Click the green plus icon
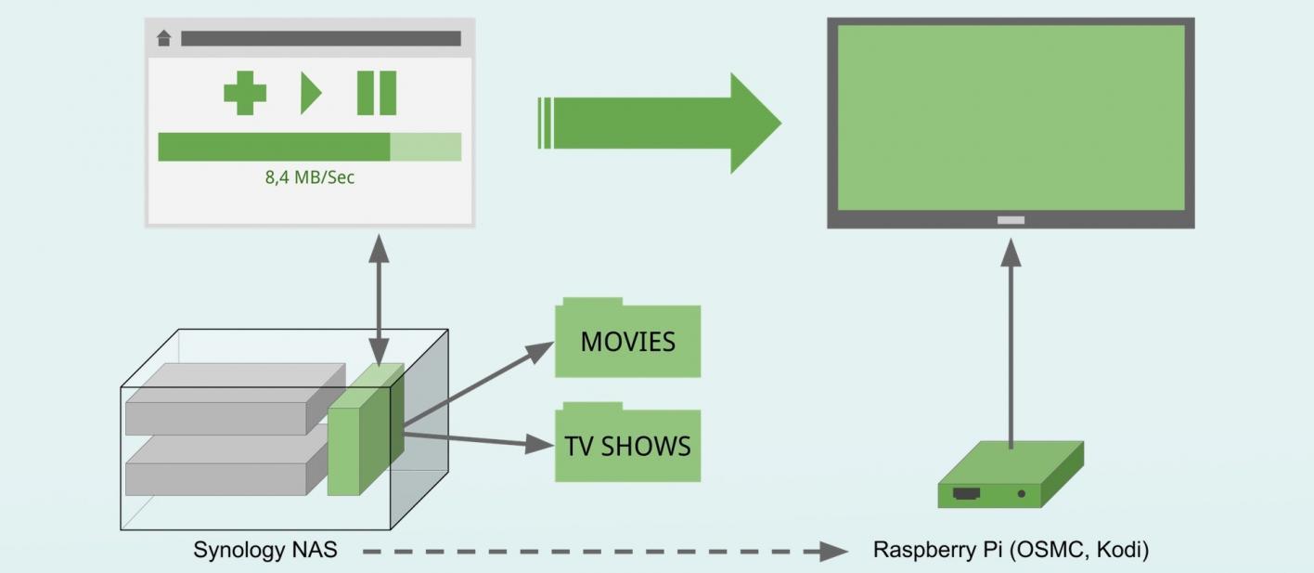[245, 94]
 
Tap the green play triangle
[309, 94]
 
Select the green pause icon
[377, 94]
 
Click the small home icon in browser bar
[164, 38]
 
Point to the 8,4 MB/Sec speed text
[310, 177]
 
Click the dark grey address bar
[320, 38]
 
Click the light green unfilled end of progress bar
[425, 147]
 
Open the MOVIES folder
[627, 342]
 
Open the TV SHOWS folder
[627, 446]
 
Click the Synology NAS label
[264, 551]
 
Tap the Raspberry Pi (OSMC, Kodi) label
[1011, 551]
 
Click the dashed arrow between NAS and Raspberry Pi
[603, 552]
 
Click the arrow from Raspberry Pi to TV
[1011, 344]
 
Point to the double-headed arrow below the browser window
[379, 299]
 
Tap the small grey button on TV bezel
[1011, 220]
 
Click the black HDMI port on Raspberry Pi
[967, 494]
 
